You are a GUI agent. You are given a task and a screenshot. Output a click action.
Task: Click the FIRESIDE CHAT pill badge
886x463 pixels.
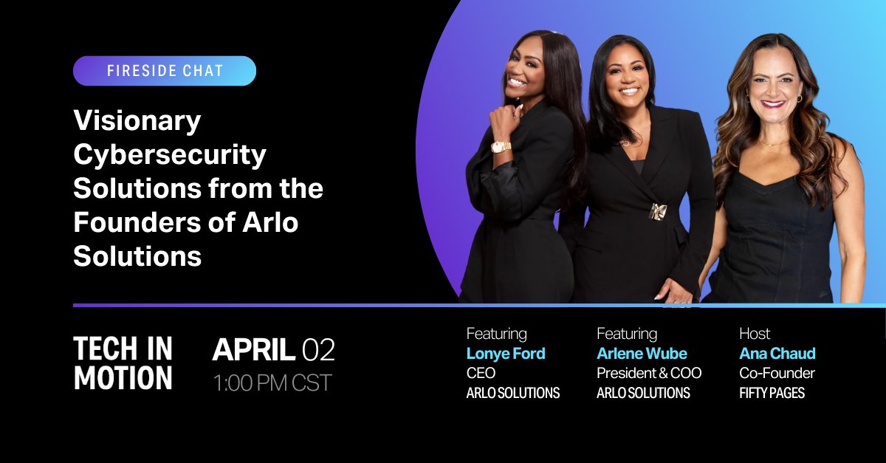pos(164,71)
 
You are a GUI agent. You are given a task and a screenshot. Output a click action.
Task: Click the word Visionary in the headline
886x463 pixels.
pos(137,121)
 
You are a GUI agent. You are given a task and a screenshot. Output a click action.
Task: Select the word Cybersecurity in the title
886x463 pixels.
pos(169,155)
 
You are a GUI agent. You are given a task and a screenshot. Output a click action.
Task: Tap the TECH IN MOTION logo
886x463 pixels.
pos(123,363)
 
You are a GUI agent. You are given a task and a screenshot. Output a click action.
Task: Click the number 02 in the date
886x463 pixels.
pos(318,350)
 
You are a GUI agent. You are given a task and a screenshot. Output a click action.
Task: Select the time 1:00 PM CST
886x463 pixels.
pos(272,383)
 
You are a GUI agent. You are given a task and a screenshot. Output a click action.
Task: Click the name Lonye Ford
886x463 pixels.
pos(505,354)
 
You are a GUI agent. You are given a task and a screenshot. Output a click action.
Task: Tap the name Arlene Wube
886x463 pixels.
pos(642,354)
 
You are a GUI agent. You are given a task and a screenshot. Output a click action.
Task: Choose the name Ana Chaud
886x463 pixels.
pos(777,354)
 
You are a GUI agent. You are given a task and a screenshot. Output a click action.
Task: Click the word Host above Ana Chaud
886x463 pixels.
pos(755,334)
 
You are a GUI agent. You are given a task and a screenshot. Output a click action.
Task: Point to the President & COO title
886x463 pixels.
pos(648,374)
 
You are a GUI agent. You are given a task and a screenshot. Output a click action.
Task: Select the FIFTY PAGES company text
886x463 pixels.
pos(772,393)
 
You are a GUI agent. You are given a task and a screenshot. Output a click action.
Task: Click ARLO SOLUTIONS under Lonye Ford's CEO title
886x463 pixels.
pos(512,393)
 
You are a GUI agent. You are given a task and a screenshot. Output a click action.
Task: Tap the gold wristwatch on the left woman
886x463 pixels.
pos(501,146)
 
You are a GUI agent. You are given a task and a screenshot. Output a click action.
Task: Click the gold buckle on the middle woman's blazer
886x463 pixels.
pos(658,212)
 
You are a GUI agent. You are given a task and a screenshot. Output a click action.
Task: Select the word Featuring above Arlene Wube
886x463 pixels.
pos(626,334)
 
